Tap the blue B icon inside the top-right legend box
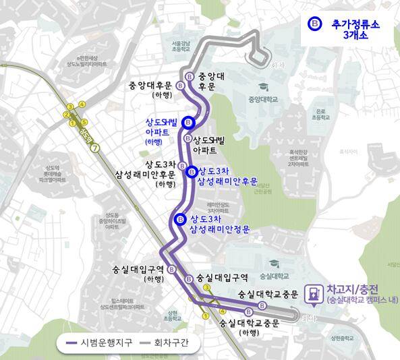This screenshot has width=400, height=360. (x=314, y=24)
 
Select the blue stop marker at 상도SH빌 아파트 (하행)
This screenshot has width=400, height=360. (x=189, y=122)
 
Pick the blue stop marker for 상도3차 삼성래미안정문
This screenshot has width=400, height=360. (x=180, y=220)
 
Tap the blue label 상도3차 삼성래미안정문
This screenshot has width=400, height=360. (x=219, y=224)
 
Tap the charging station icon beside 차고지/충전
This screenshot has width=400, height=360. (x=314, y=294)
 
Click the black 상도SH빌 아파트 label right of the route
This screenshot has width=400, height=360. (x=215, y=145)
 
